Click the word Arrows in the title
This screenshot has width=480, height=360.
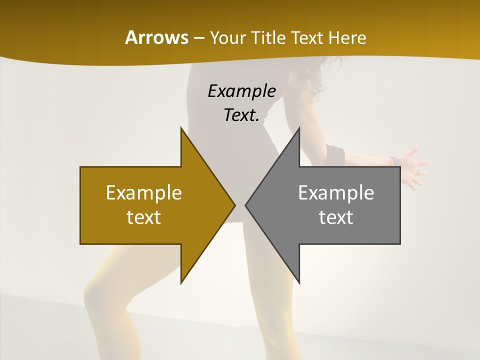[156, 37]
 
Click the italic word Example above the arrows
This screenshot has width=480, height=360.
[241, 91]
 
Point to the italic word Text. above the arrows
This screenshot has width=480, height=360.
[241, 115]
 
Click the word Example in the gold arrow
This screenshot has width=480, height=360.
[144, 192]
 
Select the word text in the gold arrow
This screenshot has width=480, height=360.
[144, 217]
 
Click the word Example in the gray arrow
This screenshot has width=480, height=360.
[336, 192]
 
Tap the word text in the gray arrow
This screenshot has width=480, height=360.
[336, 217]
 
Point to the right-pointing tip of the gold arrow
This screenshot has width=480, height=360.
[234, 205]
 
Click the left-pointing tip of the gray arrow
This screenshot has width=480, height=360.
[246, 205]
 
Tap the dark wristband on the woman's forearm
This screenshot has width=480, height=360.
[333, 152]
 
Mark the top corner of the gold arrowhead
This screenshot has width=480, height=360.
[181, 129]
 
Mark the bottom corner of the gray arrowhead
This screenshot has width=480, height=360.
[299, 282]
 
